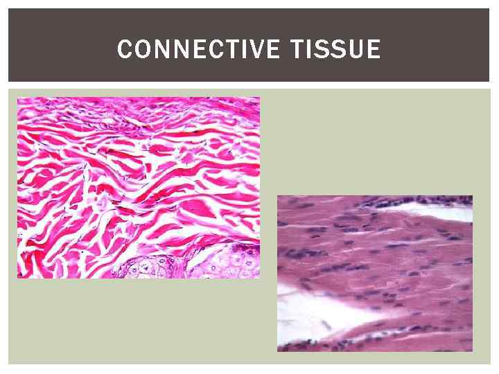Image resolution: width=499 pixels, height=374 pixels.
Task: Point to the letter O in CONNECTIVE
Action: [x=141, y=49]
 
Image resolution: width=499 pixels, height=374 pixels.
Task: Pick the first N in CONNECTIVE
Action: [x=160, y=49]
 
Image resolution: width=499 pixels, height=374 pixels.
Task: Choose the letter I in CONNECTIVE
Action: [x=236, y=49]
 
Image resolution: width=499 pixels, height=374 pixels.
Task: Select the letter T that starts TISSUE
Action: [x=292, y=49]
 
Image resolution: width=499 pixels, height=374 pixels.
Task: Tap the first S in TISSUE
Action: [x=319, y=49]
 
